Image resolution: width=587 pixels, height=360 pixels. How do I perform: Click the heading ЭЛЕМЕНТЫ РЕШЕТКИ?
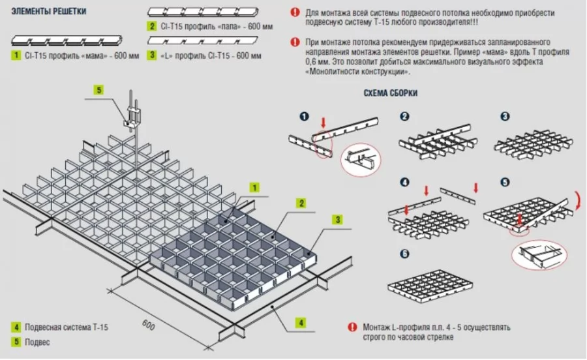[49, 11]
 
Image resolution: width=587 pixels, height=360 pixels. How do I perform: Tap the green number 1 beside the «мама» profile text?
[16, 55]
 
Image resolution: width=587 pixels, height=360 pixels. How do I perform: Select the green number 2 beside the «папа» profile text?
[151, 26]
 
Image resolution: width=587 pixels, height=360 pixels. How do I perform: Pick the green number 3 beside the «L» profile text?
[151, 55]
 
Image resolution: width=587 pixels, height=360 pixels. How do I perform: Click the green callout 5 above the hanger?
[99, 90]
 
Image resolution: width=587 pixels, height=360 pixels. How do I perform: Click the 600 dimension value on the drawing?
[149, 325]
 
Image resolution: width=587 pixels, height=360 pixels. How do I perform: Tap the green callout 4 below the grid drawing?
[301, 323]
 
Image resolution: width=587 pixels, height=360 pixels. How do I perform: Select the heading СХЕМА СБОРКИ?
[391, 93]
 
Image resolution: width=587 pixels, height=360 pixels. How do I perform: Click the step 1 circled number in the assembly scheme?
[305, 116]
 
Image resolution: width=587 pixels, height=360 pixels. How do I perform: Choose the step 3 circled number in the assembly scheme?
[505, 116]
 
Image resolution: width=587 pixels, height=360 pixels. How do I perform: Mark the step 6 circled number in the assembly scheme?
[404, 254]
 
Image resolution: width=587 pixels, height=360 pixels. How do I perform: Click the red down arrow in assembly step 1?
[324, 123]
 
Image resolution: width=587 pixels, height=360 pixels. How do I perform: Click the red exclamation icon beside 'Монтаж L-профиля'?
[352, 327]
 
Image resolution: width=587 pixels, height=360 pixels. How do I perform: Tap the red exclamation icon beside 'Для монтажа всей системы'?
[295, 12]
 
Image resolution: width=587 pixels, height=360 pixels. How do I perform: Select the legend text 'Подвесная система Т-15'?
[67, 327]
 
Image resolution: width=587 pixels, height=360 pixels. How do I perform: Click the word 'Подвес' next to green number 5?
[37, 342]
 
